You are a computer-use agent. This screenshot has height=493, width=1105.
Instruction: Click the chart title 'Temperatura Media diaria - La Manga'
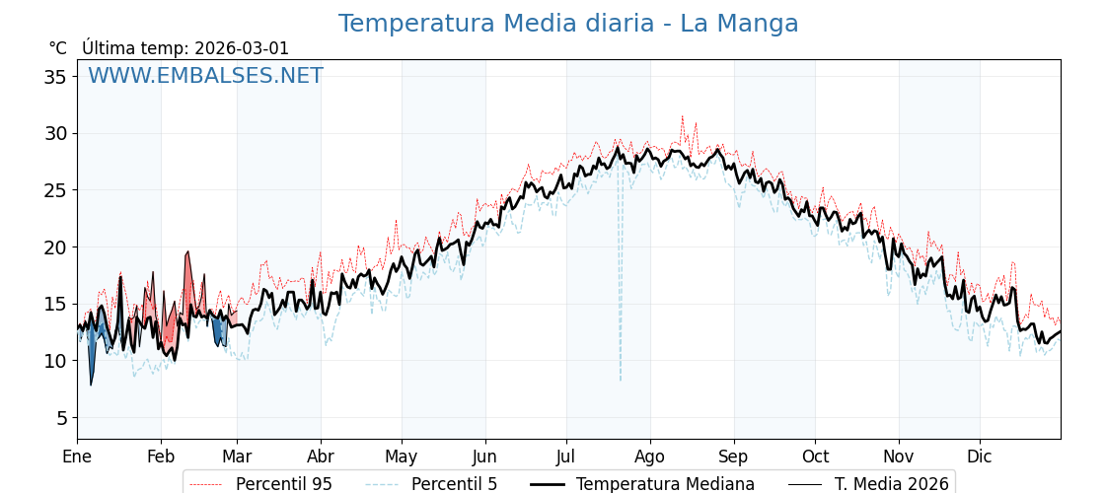568,24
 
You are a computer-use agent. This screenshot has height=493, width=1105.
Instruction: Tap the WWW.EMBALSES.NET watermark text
205,76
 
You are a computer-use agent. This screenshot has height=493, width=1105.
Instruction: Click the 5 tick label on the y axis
61,418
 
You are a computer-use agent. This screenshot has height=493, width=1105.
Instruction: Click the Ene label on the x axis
77,458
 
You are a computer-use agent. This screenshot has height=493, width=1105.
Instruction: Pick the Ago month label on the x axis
650,458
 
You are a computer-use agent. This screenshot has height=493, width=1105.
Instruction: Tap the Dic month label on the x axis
980,458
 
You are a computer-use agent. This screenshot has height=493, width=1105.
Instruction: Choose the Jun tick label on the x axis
484,458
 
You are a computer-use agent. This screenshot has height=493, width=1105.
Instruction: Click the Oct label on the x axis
815,458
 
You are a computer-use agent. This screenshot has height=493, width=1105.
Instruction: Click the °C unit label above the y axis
57,48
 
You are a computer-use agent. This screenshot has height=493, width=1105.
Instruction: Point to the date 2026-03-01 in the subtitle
242,48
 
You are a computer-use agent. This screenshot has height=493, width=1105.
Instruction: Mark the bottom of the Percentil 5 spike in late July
621,380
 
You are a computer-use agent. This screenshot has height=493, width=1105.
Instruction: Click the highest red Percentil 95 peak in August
682,116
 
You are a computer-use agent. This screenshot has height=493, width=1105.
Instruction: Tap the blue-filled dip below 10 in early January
91,383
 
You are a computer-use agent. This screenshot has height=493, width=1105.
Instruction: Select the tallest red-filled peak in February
187,253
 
